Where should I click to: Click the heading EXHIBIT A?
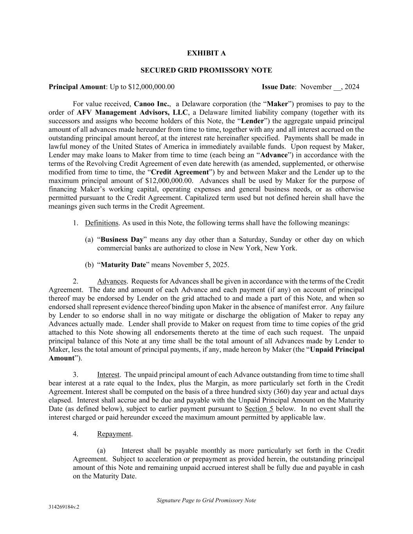coord(206,53)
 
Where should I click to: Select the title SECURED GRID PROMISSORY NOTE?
coord(206,70)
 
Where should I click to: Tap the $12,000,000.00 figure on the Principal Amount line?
coord(151,87)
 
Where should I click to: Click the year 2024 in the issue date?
coord(352,87)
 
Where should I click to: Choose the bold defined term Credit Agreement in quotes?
coord(180,173)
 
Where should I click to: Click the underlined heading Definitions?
coord(101,223)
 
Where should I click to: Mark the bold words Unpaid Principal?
coord(337,350)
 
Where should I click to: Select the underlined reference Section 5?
coord(259,409)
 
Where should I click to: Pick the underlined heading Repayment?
coord(114,434)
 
